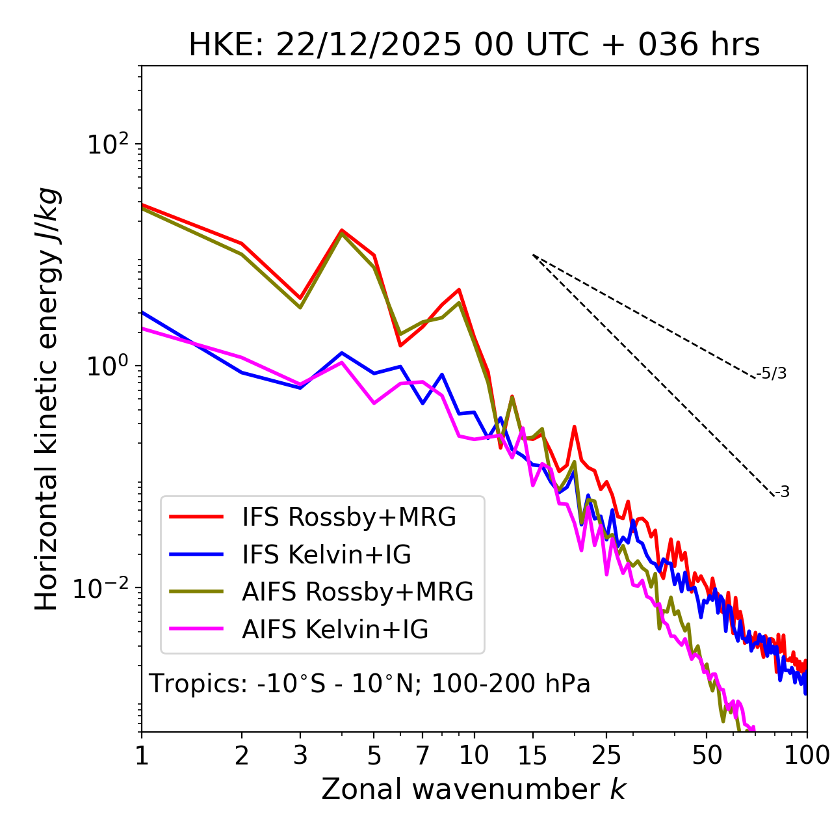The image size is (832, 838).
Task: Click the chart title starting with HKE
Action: pos(474,46)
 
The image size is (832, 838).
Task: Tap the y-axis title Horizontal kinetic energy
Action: pos(47,399)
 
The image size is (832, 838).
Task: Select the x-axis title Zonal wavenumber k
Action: pos(474,789)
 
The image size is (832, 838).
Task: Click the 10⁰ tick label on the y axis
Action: pos(107,366)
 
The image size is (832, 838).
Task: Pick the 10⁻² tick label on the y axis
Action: pos(104,588)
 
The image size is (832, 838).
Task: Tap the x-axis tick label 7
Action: pos(422,755)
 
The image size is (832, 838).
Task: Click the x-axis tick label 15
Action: pos(532,755)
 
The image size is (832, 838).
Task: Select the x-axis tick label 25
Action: pos(606,755)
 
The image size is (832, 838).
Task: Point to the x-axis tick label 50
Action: pos(707,755)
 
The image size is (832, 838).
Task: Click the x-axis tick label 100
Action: pos(806,755)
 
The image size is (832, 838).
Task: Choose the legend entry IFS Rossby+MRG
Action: pos(348,517)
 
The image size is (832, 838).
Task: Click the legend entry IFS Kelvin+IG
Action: pos(326,555)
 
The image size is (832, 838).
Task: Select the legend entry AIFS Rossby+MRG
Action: pos(357,592)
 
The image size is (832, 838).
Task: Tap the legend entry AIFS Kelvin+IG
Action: pos(335,630)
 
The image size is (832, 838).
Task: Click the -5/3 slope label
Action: pos(772,373)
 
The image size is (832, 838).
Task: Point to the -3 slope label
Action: pos(782,493)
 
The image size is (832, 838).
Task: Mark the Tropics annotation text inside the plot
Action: pos(369,684)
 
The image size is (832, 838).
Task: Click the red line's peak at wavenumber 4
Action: pos(341,230)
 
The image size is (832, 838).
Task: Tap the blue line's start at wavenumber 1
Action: pos(142,312)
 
